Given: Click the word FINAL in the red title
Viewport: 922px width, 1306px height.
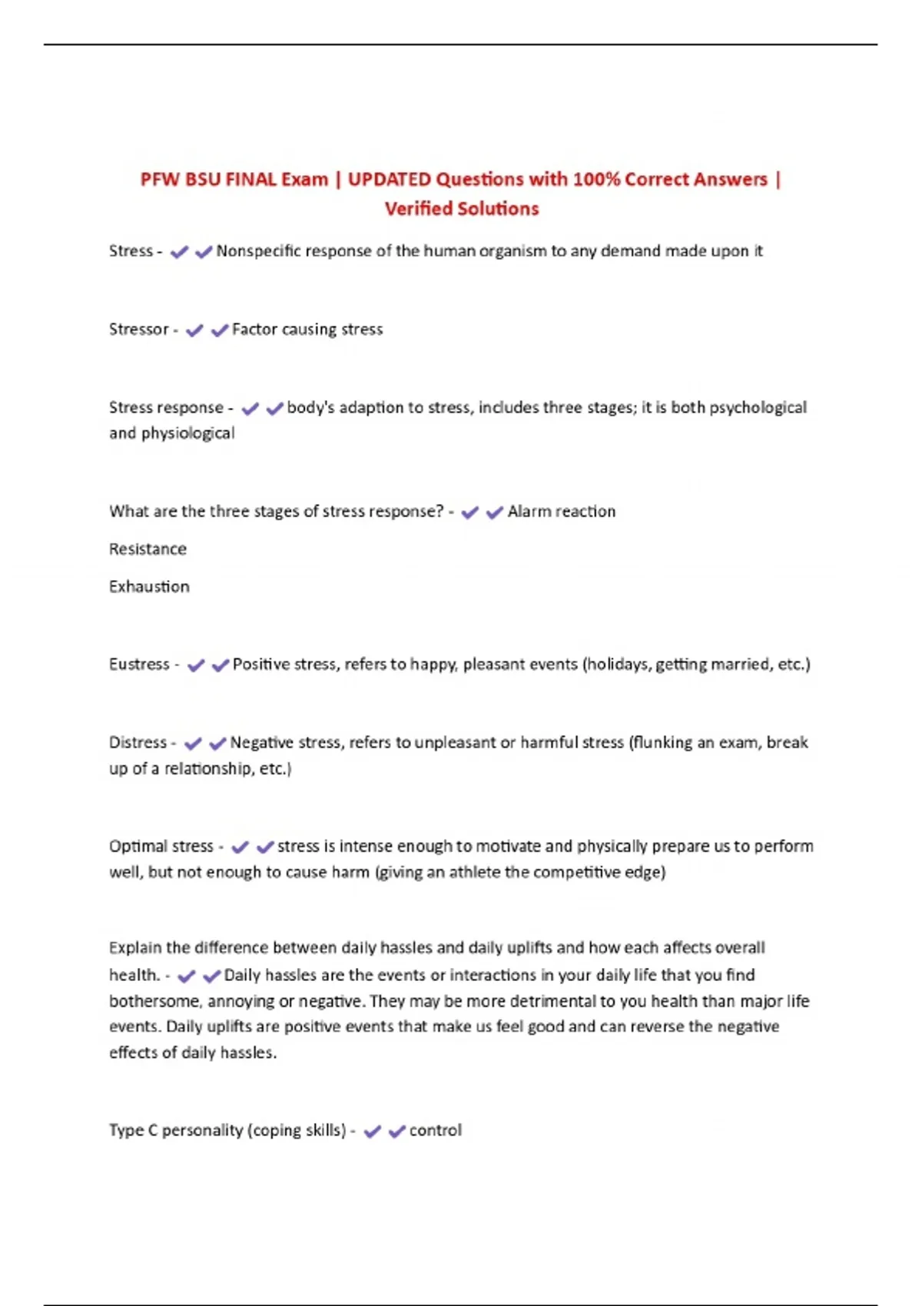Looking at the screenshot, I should point(250,180).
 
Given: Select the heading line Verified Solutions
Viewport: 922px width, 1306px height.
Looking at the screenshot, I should point(462,209).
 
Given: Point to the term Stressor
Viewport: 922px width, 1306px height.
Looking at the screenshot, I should point(138,330).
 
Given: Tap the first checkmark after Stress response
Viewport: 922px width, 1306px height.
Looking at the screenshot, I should point(250,409).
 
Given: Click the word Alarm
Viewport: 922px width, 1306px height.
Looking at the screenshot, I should point(528,512).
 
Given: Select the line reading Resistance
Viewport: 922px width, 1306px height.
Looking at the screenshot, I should point(148,549).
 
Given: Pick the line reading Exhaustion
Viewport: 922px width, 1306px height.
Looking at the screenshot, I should point(149,587).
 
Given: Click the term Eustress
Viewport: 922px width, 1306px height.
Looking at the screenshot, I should point(139,665).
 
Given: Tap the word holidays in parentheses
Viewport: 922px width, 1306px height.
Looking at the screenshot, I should point(619,665).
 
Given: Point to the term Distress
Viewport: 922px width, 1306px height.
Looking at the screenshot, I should point(138,743).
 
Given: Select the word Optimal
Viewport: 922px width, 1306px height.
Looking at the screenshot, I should point(135,847).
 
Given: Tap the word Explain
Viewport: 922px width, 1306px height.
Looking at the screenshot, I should point(135,948).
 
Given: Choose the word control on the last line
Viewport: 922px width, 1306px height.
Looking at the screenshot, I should point(436,1131).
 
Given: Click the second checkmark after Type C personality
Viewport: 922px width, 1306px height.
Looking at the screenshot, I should point(396,1132).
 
